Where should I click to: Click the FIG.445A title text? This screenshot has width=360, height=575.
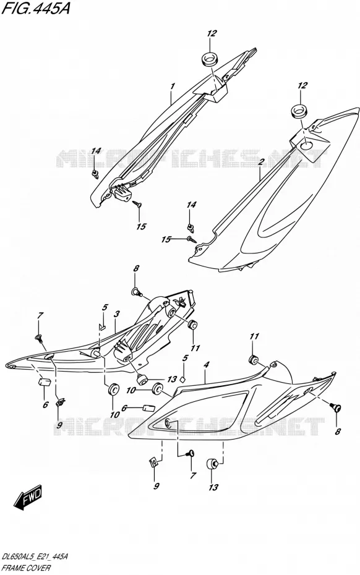[x=35, y=7]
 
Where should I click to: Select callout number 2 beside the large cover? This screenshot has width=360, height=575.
[x=261, y=162]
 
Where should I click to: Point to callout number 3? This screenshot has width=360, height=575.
[x=117, y=314]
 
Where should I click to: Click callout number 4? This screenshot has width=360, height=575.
[x=207, y=365]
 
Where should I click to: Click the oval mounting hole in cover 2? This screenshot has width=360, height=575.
[x=307, y=145]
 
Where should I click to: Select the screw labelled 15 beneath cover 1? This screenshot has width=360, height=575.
[x=137, y=203]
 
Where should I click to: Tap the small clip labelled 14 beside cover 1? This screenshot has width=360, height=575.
[x=95, y=174]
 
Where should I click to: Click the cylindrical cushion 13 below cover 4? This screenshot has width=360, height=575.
[x=213, y=464]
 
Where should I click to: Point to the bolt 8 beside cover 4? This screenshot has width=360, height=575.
[x=336, y=406]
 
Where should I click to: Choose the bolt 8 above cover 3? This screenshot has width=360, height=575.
[x=136, y=292]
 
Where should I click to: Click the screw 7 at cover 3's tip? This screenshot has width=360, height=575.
[x=38, y=337]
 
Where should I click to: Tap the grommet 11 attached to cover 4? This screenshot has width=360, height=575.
[x=254, y=360]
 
